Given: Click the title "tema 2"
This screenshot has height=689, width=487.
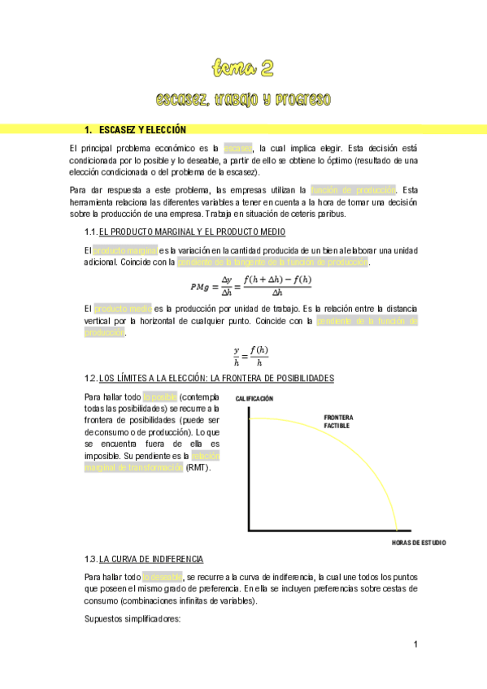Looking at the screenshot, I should click(243, 66).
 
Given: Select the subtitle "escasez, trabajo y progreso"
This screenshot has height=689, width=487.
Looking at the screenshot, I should click(243, 100).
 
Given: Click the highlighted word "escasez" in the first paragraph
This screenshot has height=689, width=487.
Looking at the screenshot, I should click(238, 149).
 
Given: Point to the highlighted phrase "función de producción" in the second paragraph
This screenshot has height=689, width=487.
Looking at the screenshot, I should click(353, 189).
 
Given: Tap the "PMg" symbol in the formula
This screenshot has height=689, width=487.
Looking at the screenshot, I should click(199, 287).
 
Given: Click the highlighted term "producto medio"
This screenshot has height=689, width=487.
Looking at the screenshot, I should click(122, 309).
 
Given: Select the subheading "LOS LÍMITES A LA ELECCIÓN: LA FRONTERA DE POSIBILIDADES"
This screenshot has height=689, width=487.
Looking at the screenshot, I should click(215, 379).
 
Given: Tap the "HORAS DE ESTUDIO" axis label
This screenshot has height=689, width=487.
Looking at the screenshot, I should click(418, 542).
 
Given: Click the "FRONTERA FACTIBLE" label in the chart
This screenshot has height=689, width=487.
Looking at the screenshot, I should click(338, 422).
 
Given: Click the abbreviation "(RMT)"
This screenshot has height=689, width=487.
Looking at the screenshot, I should click(198, 468).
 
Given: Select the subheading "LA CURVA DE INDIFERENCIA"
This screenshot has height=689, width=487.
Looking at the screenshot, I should click(151, 560).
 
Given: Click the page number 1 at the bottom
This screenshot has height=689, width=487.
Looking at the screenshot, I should click(415, 645).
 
